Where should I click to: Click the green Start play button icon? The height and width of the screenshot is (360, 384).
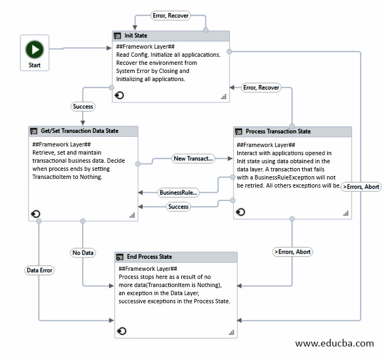[x=35, y=50]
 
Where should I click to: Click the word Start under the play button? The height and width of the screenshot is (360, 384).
[x=35, y=65]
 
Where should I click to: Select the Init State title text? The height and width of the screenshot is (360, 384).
[x=136, y=36]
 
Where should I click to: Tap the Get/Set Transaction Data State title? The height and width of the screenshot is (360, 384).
[x=80, y=131]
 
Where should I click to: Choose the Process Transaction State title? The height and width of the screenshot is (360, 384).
[x=278, y=131]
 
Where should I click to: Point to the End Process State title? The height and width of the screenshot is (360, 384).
[x=149, y=257]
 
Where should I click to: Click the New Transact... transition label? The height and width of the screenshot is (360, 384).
[x=193, y=158]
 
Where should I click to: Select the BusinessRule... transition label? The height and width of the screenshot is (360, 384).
[x=178, y=192]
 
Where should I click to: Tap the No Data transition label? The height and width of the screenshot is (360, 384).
[x=83, y=252]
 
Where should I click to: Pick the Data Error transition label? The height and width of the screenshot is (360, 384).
[x=39, y=270]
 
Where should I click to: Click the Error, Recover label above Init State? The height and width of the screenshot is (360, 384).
[x=170, y=16]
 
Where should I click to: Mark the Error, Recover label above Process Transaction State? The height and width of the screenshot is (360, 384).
[x=261, y=88]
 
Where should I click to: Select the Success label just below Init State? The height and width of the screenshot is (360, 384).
[x=83, y=106]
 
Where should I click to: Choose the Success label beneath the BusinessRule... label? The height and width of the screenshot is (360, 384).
[x=178, y=206]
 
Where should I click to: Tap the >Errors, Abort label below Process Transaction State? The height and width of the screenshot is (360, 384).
[x=293, y=251]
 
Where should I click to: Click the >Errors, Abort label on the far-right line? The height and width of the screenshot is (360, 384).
[x=361, y=186]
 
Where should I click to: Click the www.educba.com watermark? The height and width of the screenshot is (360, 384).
[x=334, y=343]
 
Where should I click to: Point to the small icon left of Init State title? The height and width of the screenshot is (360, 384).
[x=117, y=36]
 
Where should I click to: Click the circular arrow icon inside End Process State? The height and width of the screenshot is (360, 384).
[x=122, y=330]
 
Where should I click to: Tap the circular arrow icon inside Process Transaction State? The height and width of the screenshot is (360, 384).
[x=241, y=212]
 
